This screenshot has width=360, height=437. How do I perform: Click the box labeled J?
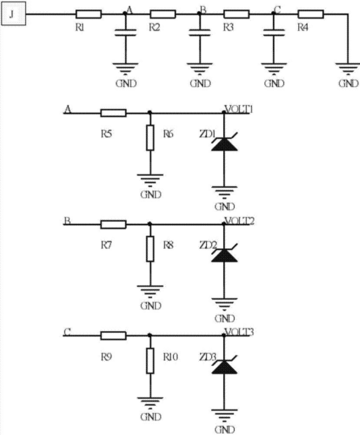click(x=13, y=13)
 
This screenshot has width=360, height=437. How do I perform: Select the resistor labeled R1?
click(x=89, y=14)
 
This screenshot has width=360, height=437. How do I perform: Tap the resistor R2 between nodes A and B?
click(x=163, y=14)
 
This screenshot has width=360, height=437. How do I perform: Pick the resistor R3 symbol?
click(x=237, y=14)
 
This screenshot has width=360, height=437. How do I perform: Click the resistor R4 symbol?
click(x=311, y=14)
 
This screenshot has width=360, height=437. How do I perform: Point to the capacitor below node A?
click(x=126, y=32)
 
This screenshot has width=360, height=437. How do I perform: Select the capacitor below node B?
click(x=200, y=32)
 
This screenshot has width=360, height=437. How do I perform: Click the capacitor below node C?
click(x=274, y=32)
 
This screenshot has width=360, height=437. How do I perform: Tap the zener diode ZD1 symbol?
click(x=224, y=143)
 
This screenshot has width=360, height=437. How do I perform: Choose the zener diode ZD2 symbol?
click(x=224, y=254)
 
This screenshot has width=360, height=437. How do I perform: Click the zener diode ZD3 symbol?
click(x=224, y=365)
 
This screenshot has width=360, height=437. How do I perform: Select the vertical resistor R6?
click(x=150, y=138)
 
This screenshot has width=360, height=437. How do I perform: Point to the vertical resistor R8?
click(x=150, y=249)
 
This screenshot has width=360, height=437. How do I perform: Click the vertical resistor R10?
click(x=150, y=360)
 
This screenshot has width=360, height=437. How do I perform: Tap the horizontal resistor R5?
click(x=113, y=113)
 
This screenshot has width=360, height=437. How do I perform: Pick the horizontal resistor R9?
click(x=113, y=335)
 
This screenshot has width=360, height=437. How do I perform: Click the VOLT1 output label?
click(x=239, y=109)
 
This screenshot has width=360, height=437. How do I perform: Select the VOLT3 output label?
click(x=239, y=332)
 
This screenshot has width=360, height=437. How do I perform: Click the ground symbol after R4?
click(x=348, y=69)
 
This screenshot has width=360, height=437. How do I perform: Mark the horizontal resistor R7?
click(x=113, y=224)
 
